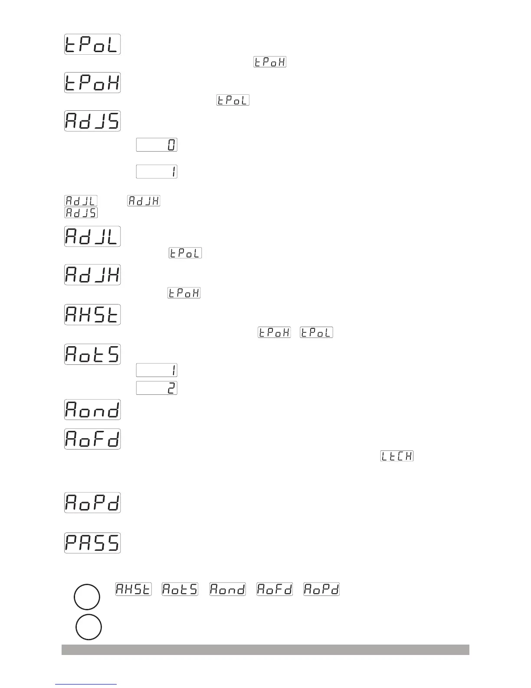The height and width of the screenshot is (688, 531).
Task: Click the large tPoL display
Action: coord(92,44)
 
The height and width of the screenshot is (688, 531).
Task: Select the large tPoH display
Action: coord(92,83)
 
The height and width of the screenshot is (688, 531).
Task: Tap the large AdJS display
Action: coord(92,121)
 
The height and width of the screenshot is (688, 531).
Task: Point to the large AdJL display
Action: coord(92,236)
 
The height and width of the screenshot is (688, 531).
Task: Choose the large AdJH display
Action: coord(92,275)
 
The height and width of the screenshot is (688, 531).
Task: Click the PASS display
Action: coord(92,542)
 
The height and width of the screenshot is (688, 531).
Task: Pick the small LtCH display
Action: coord(397,456)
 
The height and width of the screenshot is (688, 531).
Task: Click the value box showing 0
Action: coord(157,145)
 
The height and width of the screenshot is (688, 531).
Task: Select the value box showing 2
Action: coord(157,388)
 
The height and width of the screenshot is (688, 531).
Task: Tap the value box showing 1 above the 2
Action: coord(157,370)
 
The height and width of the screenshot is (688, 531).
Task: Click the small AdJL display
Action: coord(81,201)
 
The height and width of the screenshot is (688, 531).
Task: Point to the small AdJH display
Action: coord(144,201)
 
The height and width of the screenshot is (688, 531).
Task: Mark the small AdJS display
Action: coord(81,213)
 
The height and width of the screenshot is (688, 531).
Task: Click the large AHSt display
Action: coord(92,314)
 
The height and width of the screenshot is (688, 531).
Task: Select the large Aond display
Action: coord(92,410)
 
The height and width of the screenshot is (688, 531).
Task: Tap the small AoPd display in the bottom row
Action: coord(321,589)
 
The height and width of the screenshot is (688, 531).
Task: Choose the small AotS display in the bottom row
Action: coord(180,589)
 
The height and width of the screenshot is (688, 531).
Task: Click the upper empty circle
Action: coord(87,597)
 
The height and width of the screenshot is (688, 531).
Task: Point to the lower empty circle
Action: coord(88,627)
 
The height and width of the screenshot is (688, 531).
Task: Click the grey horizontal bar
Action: coord(265,649)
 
